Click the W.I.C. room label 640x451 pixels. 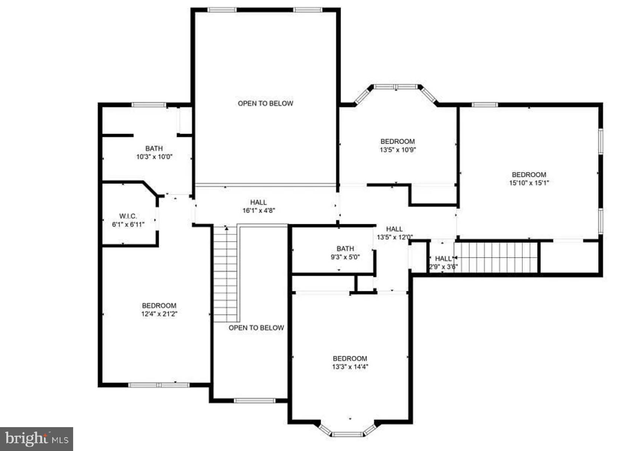tap(128, 216)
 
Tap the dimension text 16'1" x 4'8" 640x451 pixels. tap(259, 210)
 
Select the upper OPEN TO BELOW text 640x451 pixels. tap(265, 103)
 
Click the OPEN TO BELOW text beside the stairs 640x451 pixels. tap(256, 328)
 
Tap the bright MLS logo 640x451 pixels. tap(37, 439)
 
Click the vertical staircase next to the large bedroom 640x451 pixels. tap(225, 274)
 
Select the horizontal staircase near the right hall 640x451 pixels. tap(496, 257)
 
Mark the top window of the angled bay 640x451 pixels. tap(396, 87)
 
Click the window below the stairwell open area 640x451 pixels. tap(255, 401)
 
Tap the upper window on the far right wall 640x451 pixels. tap(600, 141)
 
